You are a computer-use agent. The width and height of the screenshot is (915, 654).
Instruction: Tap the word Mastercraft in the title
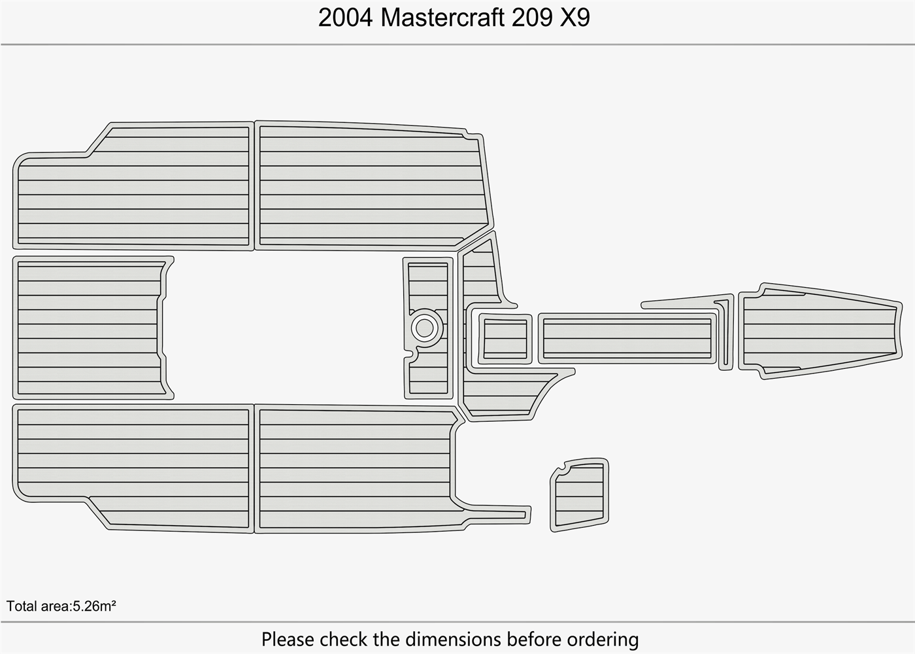pyautogui.click(x=442, y=18)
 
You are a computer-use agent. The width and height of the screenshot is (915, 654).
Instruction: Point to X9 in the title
pyautogui.click(x=575, y=18)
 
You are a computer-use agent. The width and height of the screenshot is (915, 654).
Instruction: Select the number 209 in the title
pyautogui.click(x=530, y=18)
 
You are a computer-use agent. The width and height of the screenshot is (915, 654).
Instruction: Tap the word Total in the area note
pyautogui.click(x=22, y=606)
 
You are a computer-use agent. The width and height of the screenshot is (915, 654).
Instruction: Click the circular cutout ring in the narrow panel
pyautogui.click(x=425, y=326)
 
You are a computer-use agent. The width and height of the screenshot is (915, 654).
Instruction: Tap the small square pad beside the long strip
pyautogui.click(x=504, y=338)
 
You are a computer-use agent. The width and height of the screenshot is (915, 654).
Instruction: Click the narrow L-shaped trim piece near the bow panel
pyautogui.click(x=724, y=334)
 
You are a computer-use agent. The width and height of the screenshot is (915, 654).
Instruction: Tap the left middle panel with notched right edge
pyautogui.click(x=88, y=327)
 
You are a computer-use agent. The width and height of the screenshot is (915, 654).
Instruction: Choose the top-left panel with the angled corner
pyautogui.click(x=131, y=190)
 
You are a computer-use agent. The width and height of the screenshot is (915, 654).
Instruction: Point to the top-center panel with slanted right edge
pyautogui.click(x=369, y=186)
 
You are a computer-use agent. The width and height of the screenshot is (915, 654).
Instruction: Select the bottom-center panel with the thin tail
pyautogui.click(x=356, y=468)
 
